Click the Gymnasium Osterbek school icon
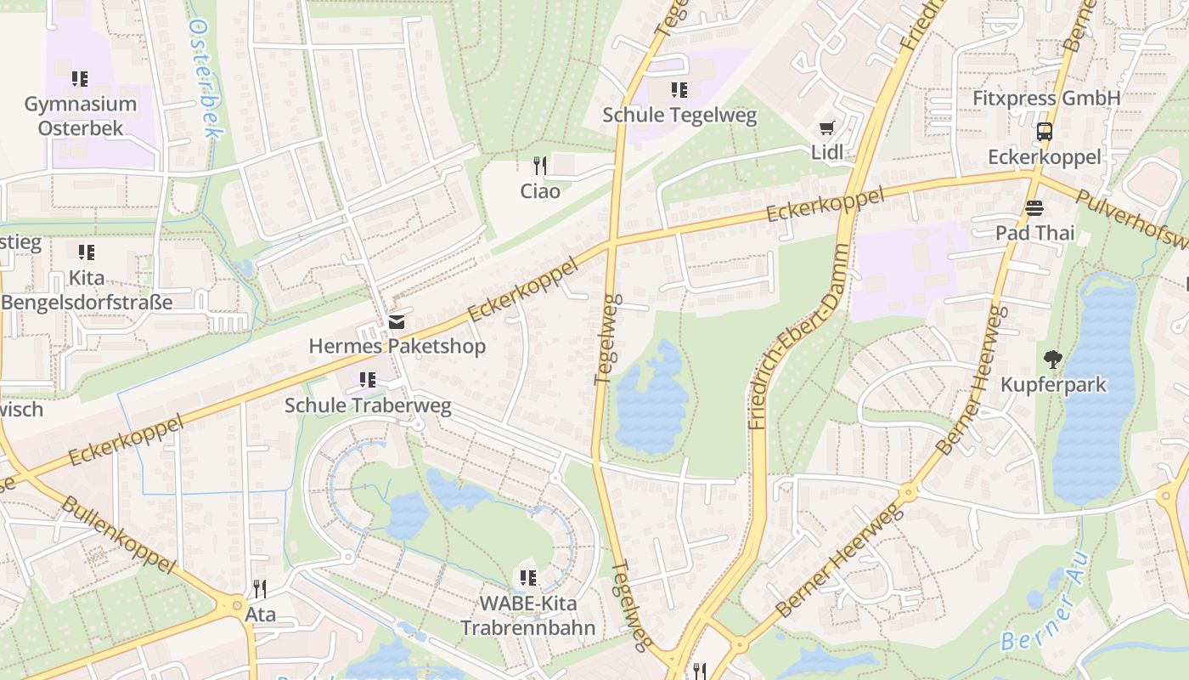[80, 79]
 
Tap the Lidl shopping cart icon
[826, 128]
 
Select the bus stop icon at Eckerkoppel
[1044, 132]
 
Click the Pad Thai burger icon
[1034, 208]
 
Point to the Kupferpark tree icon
[1053, 360]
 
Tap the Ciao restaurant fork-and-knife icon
[539, 165]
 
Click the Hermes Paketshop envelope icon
[396, 322]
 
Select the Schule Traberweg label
[367, 405]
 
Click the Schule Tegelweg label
[679, 115]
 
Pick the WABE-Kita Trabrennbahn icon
[528, 579]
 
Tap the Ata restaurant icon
[260, 589]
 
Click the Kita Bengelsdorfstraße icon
[87, 252]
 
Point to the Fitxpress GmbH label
[1046, 98]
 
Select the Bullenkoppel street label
[118, 535]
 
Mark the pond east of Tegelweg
[652, 399]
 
